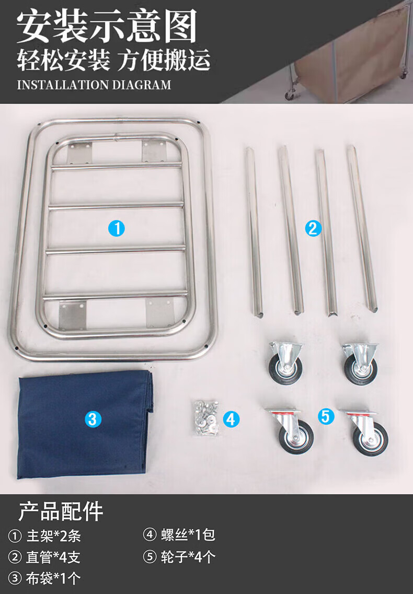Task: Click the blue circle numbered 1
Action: [x=117, y=228]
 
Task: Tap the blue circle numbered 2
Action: [x=313, y=228]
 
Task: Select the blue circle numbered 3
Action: [x=93, y=420]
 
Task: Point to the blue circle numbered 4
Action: [x=232, y=420]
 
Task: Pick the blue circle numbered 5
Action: [x=326, y=416]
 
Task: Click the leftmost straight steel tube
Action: [x=254, y=231]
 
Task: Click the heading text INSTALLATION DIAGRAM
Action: [x=94, y=85]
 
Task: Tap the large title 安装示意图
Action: [x=107, y=26]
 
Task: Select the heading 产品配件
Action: [x=61, y=511]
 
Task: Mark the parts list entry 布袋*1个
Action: [x=53, y=578]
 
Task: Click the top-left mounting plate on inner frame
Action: [x=80, y=153]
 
